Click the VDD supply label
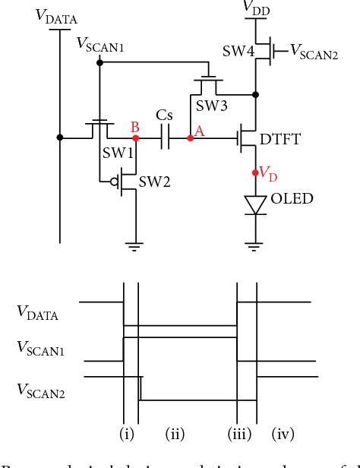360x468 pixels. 255,7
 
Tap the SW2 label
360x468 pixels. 154,182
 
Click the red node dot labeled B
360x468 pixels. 135,138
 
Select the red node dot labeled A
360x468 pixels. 190,138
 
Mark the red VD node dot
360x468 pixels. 255,173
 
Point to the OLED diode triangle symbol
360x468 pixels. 255,204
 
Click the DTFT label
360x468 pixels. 282,139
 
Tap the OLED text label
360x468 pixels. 292,199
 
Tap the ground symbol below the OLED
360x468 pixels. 255,245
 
